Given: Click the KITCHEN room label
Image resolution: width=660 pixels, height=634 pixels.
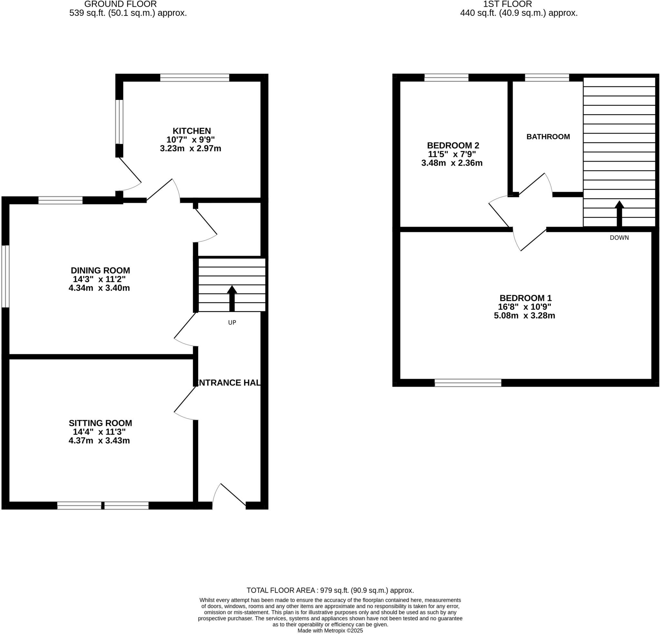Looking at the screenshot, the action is pos(192,131).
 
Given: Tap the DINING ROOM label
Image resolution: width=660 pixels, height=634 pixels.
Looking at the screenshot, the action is pos(100,270).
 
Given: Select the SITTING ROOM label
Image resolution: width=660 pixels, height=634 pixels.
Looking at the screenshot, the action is pos(100,423).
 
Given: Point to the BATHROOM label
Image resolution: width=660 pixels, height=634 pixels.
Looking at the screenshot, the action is pos(548,137).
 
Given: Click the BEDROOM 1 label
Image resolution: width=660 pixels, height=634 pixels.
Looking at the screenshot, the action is pos(526,298).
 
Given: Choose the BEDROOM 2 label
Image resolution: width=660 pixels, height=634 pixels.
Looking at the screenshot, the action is pos(453,146).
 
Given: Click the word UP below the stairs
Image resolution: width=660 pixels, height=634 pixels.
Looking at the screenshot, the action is pos(232,322).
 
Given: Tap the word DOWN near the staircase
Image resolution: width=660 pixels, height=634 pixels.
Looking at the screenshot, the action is pos(619,238).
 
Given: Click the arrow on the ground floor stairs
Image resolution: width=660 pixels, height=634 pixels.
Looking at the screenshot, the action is pos(232,298).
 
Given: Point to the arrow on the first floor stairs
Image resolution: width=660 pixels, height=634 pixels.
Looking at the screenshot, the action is pos(619,214).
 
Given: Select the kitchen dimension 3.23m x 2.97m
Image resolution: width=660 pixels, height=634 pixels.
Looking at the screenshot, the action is pos(190,148).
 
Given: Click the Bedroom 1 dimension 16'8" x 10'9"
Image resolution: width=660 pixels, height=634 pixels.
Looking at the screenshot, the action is pos(525,307).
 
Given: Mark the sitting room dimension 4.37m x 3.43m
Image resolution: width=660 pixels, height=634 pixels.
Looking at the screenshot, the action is pos(99,440).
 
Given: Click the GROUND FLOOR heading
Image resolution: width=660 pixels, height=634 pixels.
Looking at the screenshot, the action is pos(120,5).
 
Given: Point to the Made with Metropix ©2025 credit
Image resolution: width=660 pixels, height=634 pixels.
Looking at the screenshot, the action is pos(330,631).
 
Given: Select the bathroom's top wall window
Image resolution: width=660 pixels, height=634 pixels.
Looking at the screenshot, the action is pos(547,78).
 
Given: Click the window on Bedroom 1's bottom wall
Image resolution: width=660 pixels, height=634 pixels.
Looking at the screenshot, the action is pos(468,383).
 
